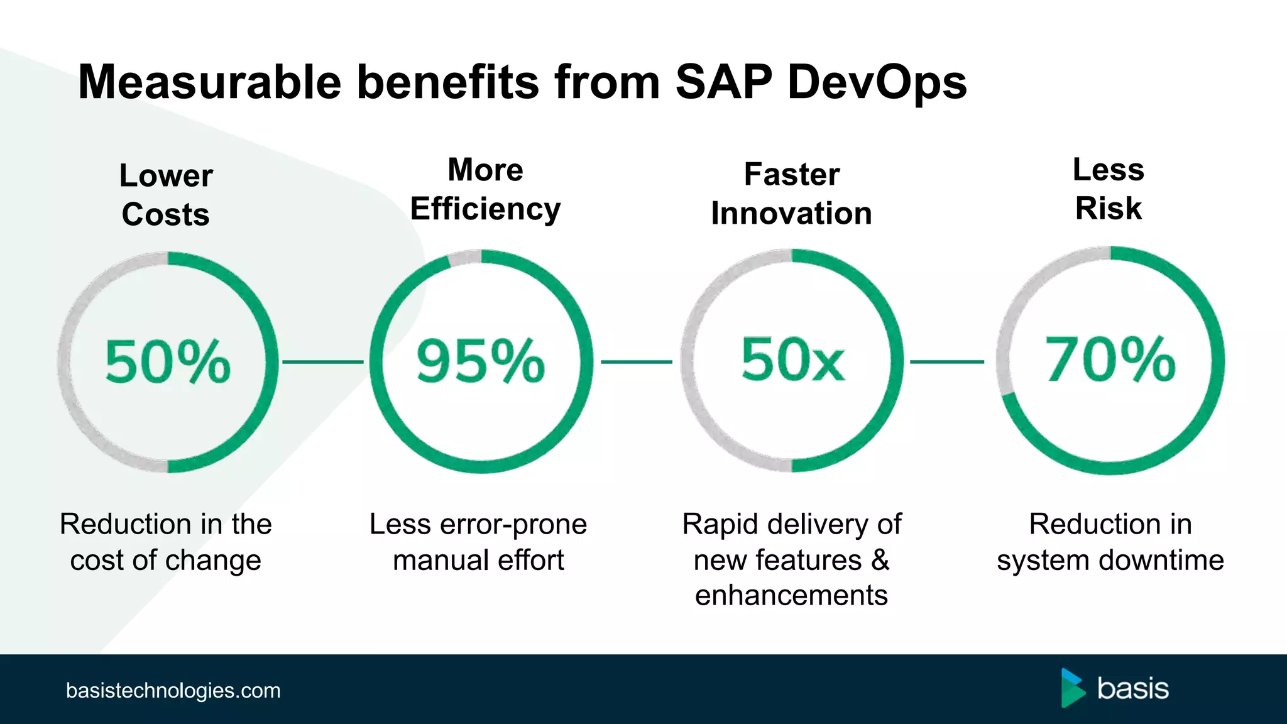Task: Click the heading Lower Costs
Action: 166,194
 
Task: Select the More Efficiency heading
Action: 485,189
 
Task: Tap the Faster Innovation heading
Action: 792,194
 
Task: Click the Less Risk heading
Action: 1109,189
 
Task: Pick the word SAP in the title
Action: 723,82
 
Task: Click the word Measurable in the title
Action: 209,82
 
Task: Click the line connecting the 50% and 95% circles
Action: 323,362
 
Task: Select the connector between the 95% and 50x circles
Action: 637,362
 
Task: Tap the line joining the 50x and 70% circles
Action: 947,362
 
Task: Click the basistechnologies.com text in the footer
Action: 173,691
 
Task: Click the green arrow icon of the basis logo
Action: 1072,689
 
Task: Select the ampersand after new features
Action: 880,560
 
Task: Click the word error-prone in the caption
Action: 513,524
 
